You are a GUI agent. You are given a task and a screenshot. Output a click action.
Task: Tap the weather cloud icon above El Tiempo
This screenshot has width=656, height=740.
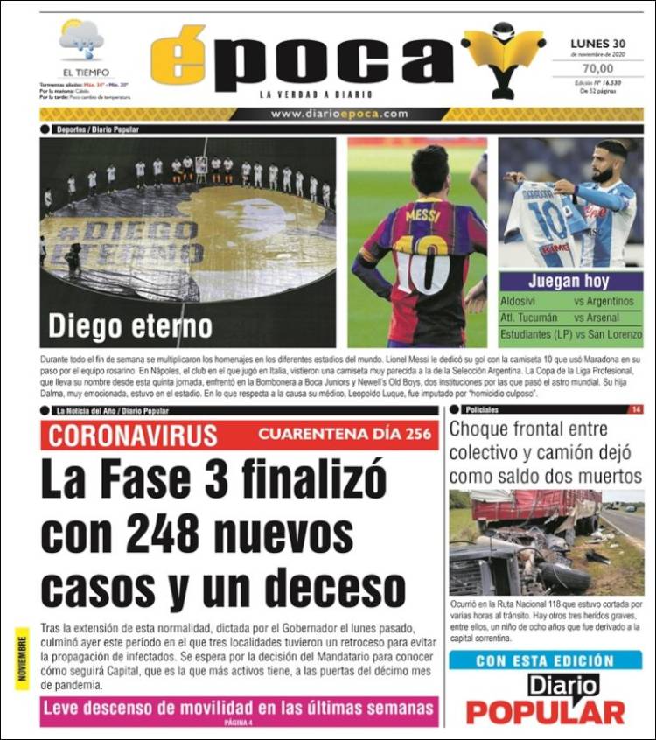pyautogui.click(x=82, y=39)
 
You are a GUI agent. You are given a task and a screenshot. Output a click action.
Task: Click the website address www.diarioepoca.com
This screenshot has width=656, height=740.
pyautogui.click(x=339, y=114)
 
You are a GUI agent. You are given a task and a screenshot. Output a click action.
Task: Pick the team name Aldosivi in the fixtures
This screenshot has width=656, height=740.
pyautogui.click(x=519, y=301)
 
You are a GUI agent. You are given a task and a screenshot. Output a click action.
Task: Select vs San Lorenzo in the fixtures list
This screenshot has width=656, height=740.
pyautogui.click(x=608, y=334)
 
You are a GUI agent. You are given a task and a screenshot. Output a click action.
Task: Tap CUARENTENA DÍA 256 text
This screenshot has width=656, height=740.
pyautogui.click(x=344, y=435)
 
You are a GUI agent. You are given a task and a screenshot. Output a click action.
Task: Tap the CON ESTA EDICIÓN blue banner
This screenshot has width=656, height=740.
pyautogui.click(x=545, y=661)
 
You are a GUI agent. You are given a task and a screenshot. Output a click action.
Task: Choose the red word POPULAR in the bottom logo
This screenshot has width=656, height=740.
pyautogui.click(x=546, y=712)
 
